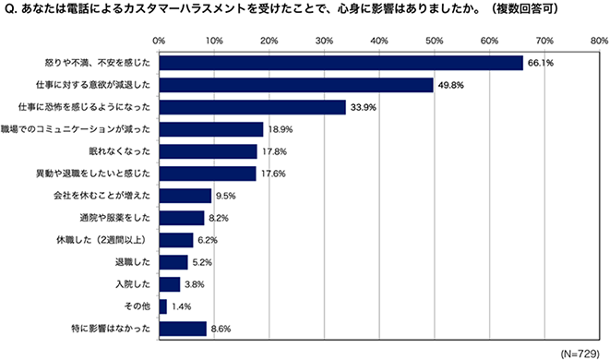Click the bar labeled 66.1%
(x=340, y=63)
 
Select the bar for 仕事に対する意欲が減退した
(x=296, y=85)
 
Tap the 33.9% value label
(x=360, y=107)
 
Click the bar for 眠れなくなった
(x=208, y=151)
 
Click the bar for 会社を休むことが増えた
(x=185, y=196)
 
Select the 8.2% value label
(x=217, y=218)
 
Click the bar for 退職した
(x=173, y=261)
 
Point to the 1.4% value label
(x=180, y=306)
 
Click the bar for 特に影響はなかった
(x=183, y=328)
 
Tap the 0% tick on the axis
(x=159, y=41)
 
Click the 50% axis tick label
(x=434, y=41)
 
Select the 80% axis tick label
(x=598, y=41)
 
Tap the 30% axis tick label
(x=324, y=41)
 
